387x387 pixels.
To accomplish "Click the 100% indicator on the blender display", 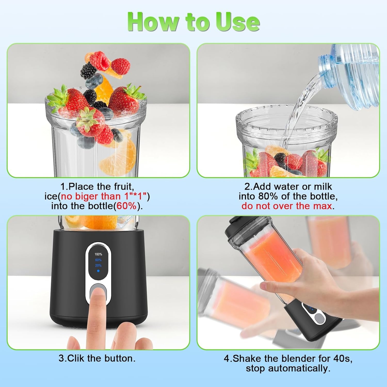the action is [98, 254].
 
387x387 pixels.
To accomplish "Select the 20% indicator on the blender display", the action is [98, 265].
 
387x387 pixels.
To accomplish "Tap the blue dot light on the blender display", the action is [98, 271].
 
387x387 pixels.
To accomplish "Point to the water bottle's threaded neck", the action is [327, 68].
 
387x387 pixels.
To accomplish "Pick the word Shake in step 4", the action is [246, 359].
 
